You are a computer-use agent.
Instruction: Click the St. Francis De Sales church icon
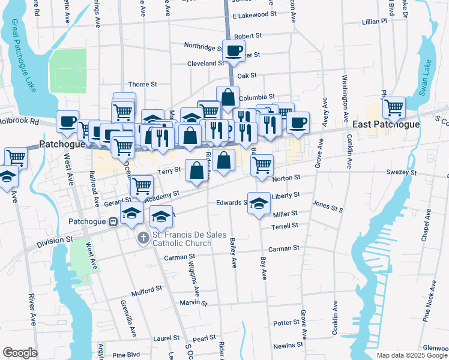pyautogui.click(x=143, y=239)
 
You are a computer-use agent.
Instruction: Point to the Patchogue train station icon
pyautogui.click(x=112, y=221)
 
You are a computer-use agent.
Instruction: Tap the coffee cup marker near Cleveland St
pyautogui.click(x=234, y=50)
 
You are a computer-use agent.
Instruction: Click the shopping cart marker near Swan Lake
pyautogui.click(x=393, y=107)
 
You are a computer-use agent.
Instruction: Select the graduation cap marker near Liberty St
pyautogui.click(x=259, y=203)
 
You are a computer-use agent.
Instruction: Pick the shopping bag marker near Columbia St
pyautogui.click(x=228, y=97)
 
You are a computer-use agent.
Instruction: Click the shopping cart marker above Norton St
pyautogui.click(x=262, y=164)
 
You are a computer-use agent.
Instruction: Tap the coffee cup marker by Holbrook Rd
pyautogui.click(x=67, y=121)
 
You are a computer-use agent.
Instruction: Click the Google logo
pyautogui.click(x=20, y=353)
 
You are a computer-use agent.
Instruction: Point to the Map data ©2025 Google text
pyautogui.click(x=412, y=355)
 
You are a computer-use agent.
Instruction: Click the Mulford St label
pyautogui.click(x=146, y=289)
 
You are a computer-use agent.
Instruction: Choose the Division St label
pyautogui.click(x=55, y=241)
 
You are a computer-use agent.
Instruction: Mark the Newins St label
pyautogui.click(x=288, y=345)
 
